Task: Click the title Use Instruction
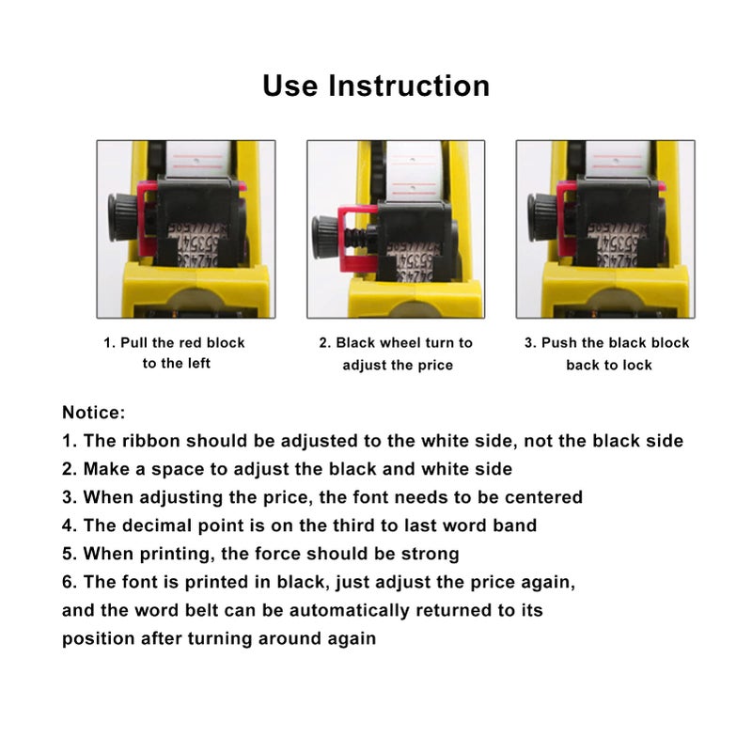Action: (x=376, y=86)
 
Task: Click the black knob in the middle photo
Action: (x=326, y=229)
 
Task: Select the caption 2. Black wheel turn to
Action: (x=397, y=343)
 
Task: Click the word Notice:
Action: (x=94, y=412)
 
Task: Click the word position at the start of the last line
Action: (x=97, y=638)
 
